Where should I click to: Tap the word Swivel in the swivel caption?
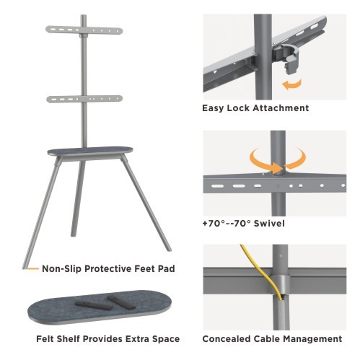click(269, 224)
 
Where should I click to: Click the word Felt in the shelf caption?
click(45, 339)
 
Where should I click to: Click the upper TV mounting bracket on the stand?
click(84, 30)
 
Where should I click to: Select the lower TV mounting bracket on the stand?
click(84, 99)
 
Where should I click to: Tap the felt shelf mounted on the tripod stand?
click(90, 151)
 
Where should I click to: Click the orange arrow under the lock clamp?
click(291, 84)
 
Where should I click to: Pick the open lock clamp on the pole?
click(287, 56)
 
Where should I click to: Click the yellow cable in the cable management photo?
click(263, 273)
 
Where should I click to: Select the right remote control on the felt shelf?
click(121, 302)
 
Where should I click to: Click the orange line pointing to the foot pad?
click(32, 268)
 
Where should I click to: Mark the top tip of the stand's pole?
click(84, 15)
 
